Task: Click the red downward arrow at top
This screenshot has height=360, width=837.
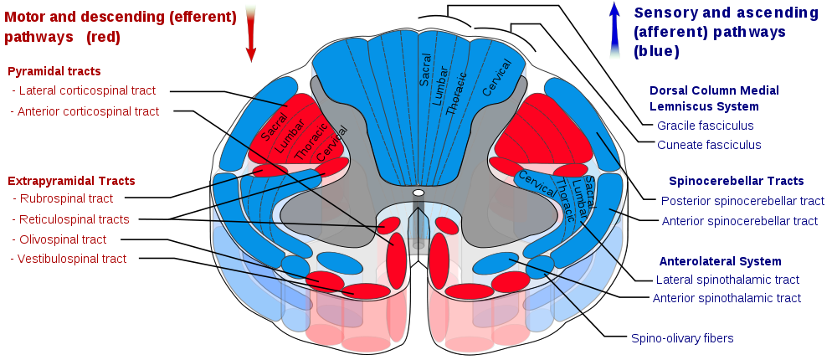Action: coord(250,33)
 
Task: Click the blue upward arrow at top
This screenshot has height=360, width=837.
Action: coord(614,32)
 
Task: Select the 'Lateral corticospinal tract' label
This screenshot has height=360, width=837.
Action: coord(87,90)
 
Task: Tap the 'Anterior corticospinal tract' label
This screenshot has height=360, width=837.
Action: coord(88,111)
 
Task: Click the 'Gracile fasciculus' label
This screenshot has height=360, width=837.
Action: coord(705,126)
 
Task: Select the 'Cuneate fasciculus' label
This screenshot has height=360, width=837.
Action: coord(709,145)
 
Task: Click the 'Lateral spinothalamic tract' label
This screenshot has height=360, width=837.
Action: coord(727,280)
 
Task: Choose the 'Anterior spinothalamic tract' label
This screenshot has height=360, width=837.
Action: coord(727,299)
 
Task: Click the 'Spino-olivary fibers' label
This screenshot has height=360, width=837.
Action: coord(682,339)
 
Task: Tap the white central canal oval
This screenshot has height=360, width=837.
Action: coord(418,193)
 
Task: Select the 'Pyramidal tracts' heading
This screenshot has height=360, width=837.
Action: coord(54,71)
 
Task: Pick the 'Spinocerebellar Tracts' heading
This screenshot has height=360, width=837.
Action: coord(736,181)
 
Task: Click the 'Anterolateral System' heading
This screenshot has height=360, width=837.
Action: coord(720,261)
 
